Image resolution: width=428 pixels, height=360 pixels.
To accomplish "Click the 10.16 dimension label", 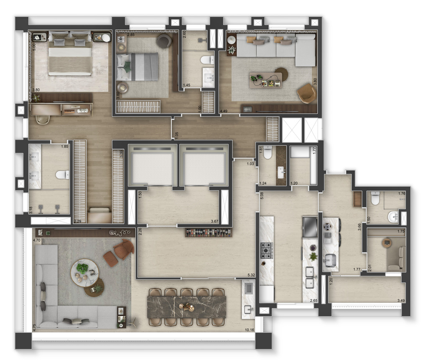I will [250, 330].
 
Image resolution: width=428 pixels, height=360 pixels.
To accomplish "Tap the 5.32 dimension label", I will [251, 275].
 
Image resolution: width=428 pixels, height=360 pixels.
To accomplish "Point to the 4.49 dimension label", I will [224, 111].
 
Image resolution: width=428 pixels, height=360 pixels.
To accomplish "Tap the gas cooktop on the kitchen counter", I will [266, 251].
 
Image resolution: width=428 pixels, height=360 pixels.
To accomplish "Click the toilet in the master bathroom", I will [63, 175].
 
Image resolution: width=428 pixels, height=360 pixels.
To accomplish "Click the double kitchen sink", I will [310, 278].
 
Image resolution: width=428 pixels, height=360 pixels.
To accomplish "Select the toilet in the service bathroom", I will [375, 198].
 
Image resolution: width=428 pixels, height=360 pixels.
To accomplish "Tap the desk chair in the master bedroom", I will [42, 119].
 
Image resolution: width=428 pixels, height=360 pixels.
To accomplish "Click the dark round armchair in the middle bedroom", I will [164, 41].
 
